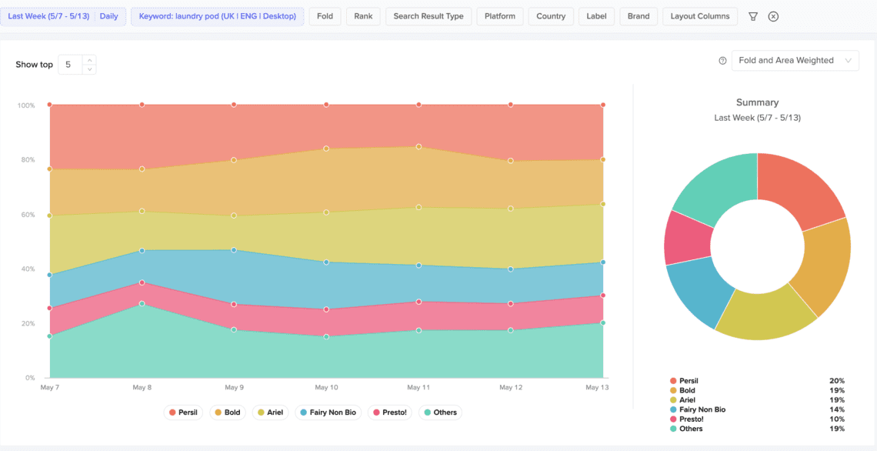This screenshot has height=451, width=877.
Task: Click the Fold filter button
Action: point(325,16)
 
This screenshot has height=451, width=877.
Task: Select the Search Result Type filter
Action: point(428,16)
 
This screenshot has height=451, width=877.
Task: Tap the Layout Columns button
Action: point(700,16)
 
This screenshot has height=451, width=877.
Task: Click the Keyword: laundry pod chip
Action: point(217,16)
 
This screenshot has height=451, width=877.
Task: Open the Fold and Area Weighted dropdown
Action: point(794,61)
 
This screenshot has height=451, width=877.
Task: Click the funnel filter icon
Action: point(753,16)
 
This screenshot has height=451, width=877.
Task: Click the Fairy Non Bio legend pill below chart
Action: point(327,413)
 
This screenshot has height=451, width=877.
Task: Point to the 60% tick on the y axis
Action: point(28,215)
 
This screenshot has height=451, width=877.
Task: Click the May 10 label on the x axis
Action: point(326,388)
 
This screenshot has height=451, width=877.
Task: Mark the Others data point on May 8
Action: point(142,303)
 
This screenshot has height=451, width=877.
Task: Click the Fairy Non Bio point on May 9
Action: point(234,250)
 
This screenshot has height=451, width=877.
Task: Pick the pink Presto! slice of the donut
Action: point(687,237)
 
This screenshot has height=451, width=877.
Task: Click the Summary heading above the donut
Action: point(757,102)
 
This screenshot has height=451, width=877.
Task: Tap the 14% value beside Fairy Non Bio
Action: point(837,409)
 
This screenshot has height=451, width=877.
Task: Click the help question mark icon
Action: point(722,61)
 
